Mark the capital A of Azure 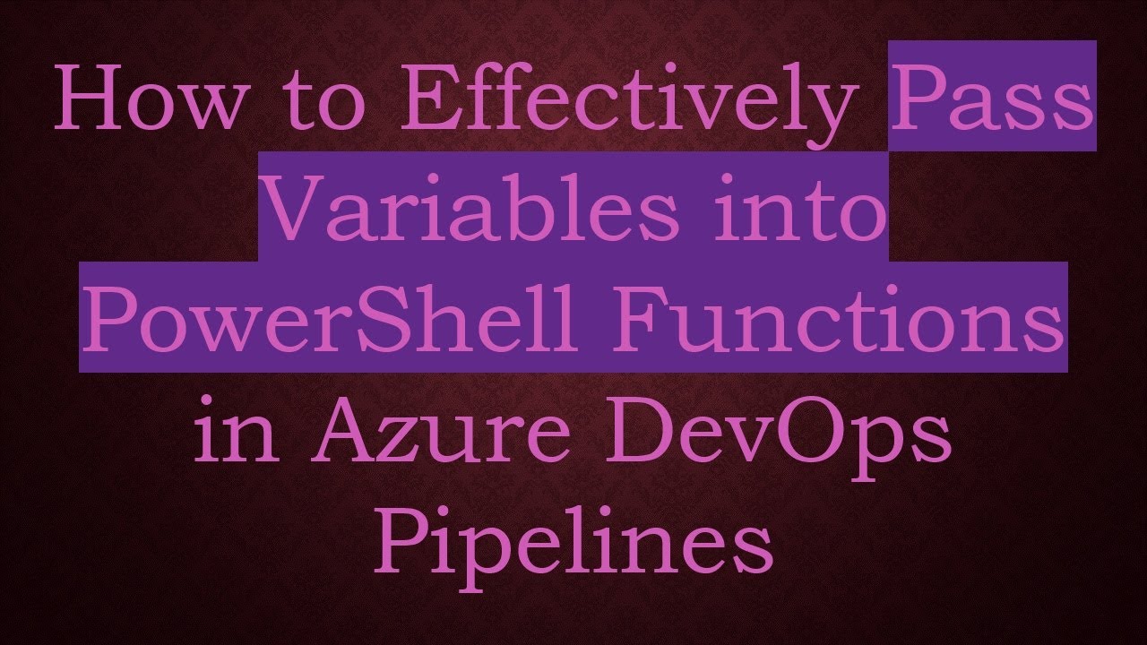click(x=325, y=428)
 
